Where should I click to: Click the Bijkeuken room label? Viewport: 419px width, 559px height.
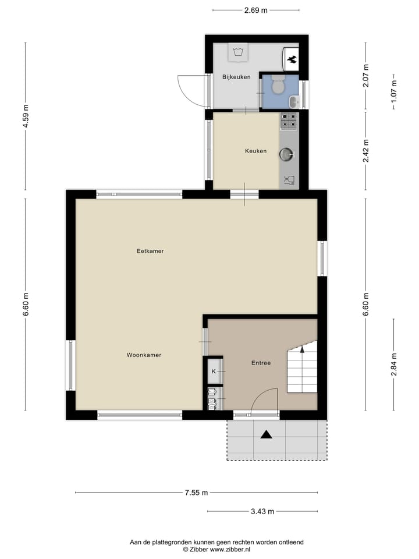tap(236, 77)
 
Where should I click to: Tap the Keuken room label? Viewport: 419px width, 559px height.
tap(255, 151)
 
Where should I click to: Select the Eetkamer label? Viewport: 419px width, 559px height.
tap(150, 252)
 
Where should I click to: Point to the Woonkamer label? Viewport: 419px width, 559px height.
tap(144, 355)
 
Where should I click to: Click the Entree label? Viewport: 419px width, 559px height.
tap(261, 363)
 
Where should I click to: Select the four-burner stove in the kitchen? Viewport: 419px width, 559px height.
tap(289, 121)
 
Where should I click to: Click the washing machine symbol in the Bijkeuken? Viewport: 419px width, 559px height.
tap(237, 52)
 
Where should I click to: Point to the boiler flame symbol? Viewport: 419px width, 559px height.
tap(292, 58)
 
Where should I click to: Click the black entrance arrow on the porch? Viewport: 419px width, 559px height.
tap(267, 434)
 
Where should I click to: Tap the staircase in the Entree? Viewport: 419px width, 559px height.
tap(303, 370)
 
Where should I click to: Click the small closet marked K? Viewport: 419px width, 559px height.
tap(214, 371)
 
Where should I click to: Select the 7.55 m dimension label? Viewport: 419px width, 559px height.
tap(196, 493)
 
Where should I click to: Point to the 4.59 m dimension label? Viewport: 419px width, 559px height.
tap(26, 116)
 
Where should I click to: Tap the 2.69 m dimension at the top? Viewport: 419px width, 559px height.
tap(256, 10)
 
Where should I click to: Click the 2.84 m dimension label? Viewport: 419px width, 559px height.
tap(394, 365)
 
